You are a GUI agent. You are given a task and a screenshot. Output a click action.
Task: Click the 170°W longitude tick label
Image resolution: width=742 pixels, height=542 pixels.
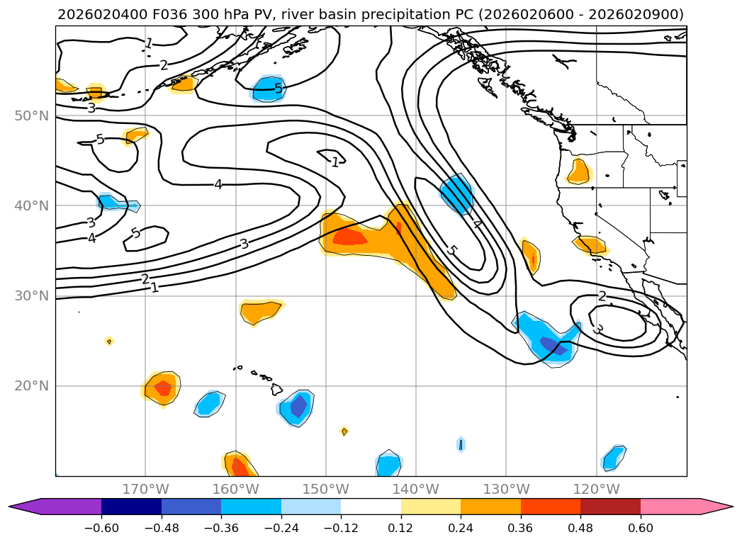[145, 489]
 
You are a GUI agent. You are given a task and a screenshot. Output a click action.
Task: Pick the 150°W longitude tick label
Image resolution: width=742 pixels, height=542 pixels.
[325, 489]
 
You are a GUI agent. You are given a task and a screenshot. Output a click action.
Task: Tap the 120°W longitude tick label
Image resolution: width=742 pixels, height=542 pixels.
[596, 489]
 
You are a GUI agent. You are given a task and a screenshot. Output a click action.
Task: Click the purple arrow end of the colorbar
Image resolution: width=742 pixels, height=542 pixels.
[21, 507]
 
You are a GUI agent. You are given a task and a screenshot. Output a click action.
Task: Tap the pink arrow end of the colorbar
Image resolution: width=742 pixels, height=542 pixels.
[719, 507]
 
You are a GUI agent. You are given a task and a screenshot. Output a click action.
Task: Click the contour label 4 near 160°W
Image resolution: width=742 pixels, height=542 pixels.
[218, 185]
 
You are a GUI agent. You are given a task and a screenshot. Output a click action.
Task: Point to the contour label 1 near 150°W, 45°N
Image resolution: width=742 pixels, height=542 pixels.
[335, 162]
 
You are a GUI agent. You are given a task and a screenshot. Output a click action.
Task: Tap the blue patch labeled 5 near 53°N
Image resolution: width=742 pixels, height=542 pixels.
[269, 89]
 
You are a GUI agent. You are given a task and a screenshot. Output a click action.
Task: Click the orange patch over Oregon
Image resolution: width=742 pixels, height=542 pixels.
[579, 171]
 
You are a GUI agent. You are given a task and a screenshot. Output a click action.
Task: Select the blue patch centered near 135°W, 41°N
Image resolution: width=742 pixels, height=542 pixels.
[457, 193]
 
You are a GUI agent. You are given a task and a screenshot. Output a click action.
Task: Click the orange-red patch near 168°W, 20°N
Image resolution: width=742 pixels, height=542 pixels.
[162, 388]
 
